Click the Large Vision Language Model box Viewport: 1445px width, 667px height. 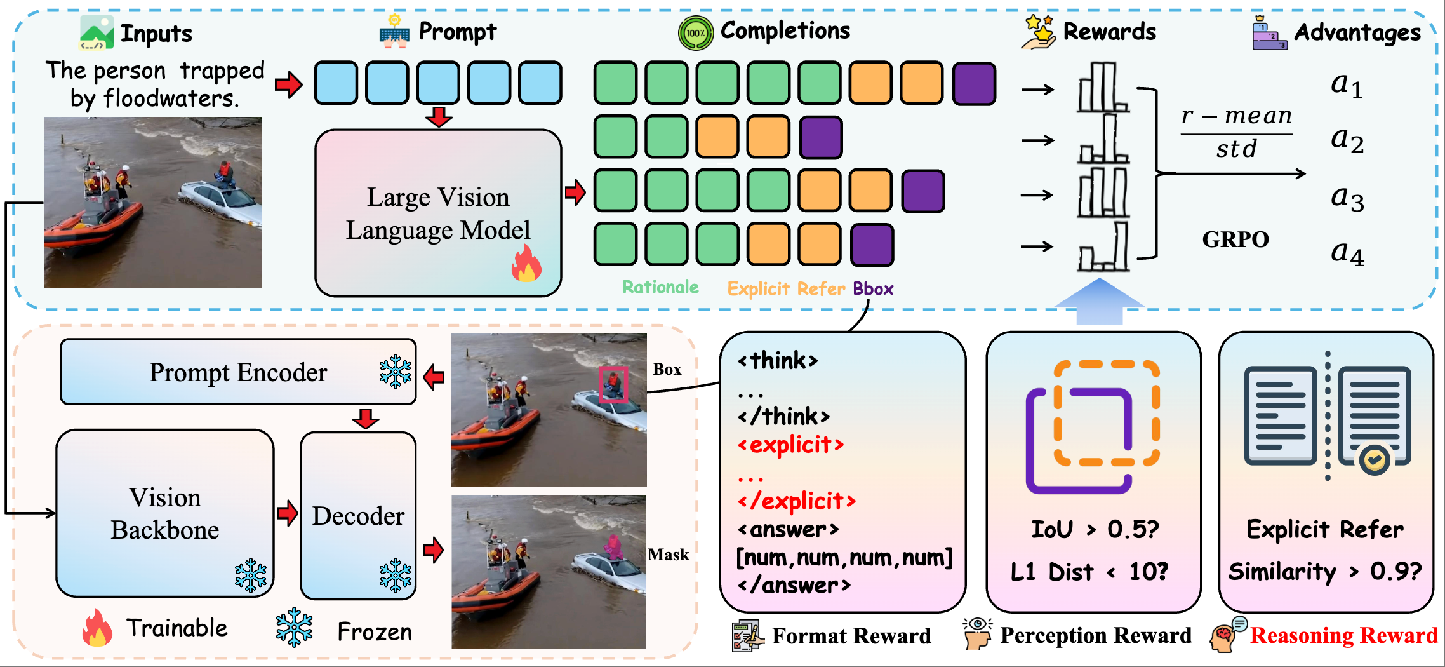pyautogui.click(x=438, y=213)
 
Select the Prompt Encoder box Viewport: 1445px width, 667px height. pyautogui.click(x=238, y=372)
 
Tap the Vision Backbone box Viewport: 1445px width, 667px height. pyautogui.click(x=165, y=513)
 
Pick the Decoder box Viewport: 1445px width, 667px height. pyautogui.click(x=358, y=516)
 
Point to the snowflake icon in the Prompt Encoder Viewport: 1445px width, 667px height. pyautogui.click(x=395, y=372)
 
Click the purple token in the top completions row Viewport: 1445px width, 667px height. pyautogui.click(x=974, y=83)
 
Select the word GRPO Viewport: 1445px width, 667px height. pyautogui.click(x=1235, y=239)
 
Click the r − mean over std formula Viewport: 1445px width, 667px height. pyautogui.click(x=1236, y=132)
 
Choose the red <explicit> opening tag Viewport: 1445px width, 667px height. pyautogui.click(x=790, y=445)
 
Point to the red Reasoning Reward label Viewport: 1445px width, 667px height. pyautogui.click(x=1343, y=635)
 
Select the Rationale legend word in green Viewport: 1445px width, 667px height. pyautogui.click(x=660, y=288)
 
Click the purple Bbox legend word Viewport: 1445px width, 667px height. pyautogui.click(x=873, y=289)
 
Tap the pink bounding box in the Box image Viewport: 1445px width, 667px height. pyautogui.click(x=613, y=384)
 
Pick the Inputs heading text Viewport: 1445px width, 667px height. pyautogui.click(x=156, y=34)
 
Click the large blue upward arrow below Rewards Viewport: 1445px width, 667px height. pyautogui.click(x=1100, y=302)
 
